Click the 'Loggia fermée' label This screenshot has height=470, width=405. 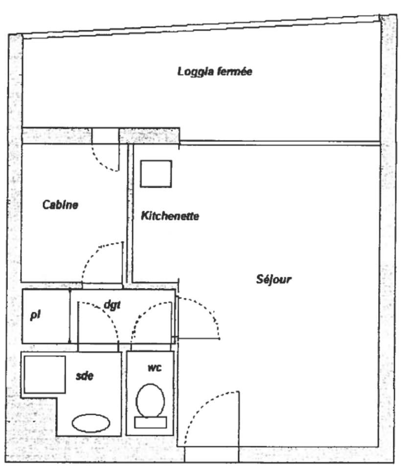[215, 72]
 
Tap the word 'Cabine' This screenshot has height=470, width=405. [60, 205]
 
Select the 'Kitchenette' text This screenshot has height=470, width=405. [170, 216]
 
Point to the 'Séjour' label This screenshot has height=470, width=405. [274, 280]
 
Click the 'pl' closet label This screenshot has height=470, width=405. [35, 315]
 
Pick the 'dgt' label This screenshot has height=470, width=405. [112, 305]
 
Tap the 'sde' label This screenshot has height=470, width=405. [85, 376]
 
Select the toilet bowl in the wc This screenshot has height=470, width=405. [150, 400]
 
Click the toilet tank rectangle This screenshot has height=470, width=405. [150, 422]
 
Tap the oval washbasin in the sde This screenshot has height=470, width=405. [91, 423]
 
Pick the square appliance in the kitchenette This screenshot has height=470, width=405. [156, 174]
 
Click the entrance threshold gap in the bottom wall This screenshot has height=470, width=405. [211, 454]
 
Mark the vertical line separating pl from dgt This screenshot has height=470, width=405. [70, 316]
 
